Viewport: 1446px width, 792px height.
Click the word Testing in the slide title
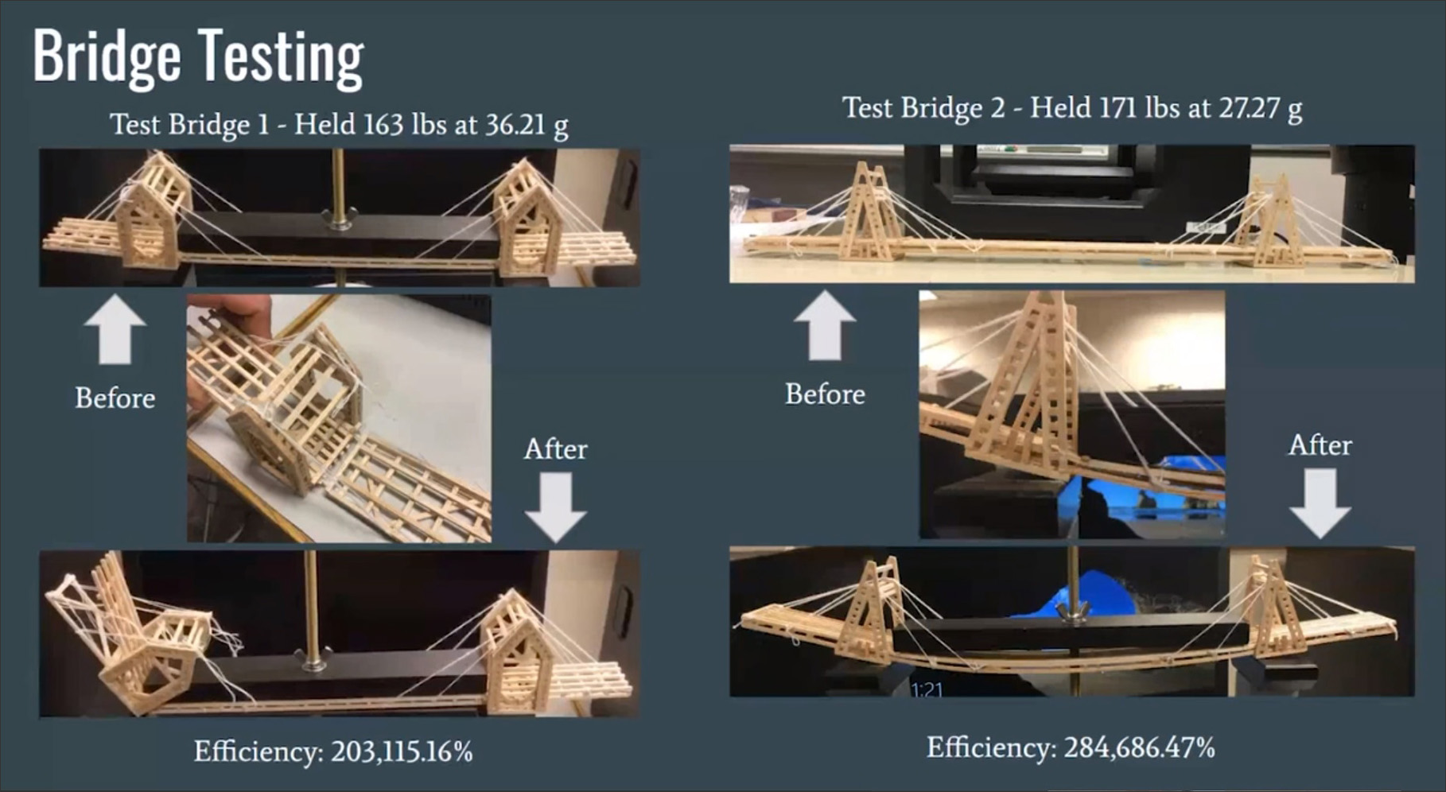click(281, 57)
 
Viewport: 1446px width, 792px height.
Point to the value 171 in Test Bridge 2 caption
click(1119, 107)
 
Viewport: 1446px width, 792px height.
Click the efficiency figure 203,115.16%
click(402, 751)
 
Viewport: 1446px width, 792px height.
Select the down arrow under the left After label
click(555, 507)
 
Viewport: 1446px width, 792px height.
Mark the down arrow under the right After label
click(1320, 503)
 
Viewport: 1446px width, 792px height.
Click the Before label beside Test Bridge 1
click(115, 398)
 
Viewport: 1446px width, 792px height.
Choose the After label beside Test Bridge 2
click(1320, 445)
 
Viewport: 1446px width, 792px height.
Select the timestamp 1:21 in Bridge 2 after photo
click(927, 689)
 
